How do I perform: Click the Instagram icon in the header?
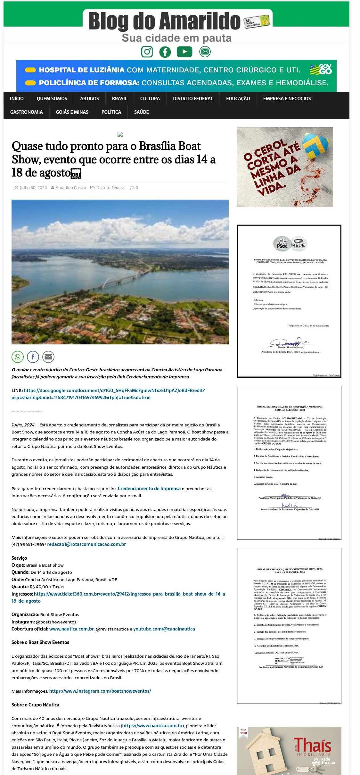147,52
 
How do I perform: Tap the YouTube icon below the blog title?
184,52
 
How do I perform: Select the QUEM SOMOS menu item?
52,99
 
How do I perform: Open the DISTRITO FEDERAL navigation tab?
193,99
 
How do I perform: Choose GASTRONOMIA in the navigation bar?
27,112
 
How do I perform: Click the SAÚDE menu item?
141,112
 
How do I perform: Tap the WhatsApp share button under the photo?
18,357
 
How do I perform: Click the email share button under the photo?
48,357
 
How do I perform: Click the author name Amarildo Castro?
71,188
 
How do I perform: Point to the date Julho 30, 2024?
33,188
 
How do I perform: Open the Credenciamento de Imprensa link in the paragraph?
149,489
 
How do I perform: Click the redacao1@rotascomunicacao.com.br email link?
86,544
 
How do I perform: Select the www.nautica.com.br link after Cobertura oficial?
71,629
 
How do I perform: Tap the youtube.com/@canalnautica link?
164,629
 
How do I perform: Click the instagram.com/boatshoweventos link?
100,691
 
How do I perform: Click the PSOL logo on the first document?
282,244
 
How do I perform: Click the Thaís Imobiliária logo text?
312,745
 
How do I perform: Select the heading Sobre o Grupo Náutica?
35,705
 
